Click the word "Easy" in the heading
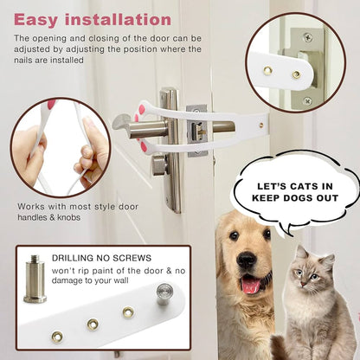click(x=36, y=21)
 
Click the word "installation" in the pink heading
click(x=118, y=19)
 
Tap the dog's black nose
click(x=246, y=259)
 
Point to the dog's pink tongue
click(x=250, y=286)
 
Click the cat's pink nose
click(x=304, y=283)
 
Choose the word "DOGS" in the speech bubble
click(x=299, y=198)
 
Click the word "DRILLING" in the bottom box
click(x=73, y=258)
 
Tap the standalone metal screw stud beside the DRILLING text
click(x=35, y=279)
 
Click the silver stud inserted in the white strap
click(x=164, y=292)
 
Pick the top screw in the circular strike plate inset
click(x=308, y=37)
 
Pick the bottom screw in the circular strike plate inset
click(x=308, y=101)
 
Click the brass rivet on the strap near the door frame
click(x=261, y=125)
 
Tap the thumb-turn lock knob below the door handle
click(x=159, y=164)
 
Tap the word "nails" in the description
click(x=23, y=60)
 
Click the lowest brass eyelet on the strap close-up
click(x=57, y=337)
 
